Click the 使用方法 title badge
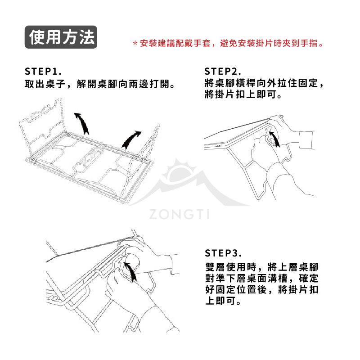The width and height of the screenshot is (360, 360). [x=61, y=37]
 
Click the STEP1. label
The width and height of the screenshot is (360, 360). [x=43, y=72]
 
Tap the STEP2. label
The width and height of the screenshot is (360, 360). [x=223, y=72]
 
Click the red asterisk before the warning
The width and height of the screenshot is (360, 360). [x=135, y=44]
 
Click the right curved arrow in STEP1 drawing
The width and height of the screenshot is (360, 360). [x=131, y=139]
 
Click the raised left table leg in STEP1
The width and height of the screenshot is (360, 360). [x=43, y=121]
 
